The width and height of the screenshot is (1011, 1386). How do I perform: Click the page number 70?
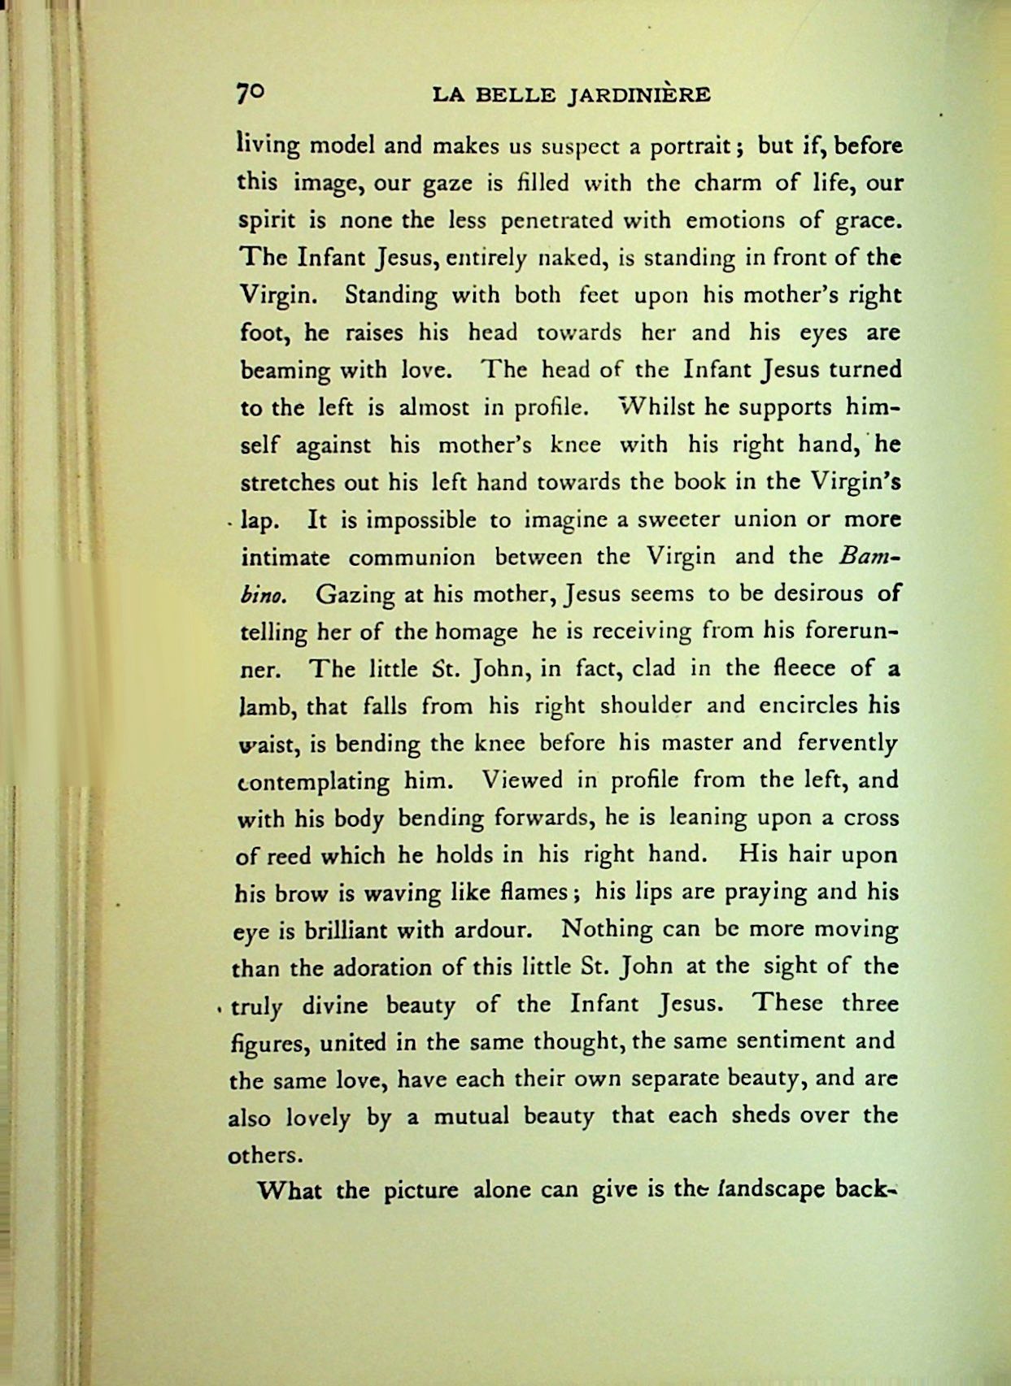tap(251, 93)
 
